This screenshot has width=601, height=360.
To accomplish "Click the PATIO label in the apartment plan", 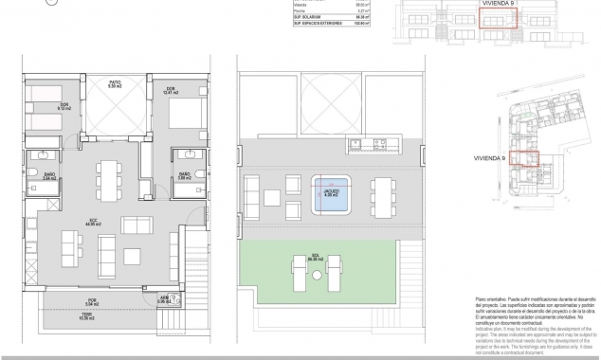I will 115,84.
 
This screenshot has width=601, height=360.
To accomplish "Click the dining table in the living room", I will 108,177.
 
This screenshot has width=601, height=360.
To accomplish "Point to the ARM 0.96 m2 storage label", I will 164,297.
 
